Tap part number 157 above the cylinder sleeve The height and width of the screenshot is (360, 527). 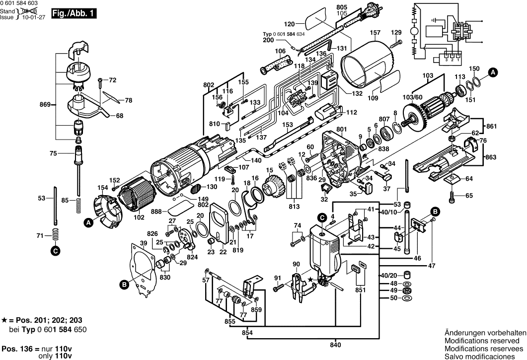(375, 34)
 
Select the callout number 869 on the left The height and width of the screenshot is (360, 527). (45, 105)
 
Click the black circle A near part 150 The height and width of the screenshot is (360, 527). (493, 72)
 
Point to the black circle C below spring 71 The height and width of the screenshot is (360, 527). (55, 251)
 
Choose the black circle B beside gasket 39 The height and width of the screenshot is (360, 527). (124, 285)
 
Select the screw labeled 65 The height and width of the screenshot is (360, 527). (452, 197)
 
